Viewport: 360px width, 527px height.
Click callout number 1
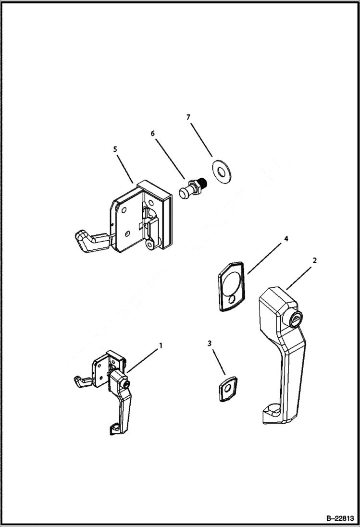click(161, 345)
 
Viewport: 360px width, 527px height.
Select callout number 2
click(314, 260)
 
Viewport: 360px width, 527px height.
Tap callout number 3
click(210, 343)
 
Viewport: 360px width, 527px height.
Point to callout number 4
click(286, 238)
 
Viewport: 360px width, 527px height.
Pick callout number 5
click(115, 149)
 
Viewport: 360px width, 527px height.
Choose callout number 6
click(153, 133)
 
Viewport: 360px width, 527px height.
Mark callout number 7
click(188, 117)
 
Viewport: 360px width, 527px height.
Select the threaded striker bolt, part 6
click(193, 188)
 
